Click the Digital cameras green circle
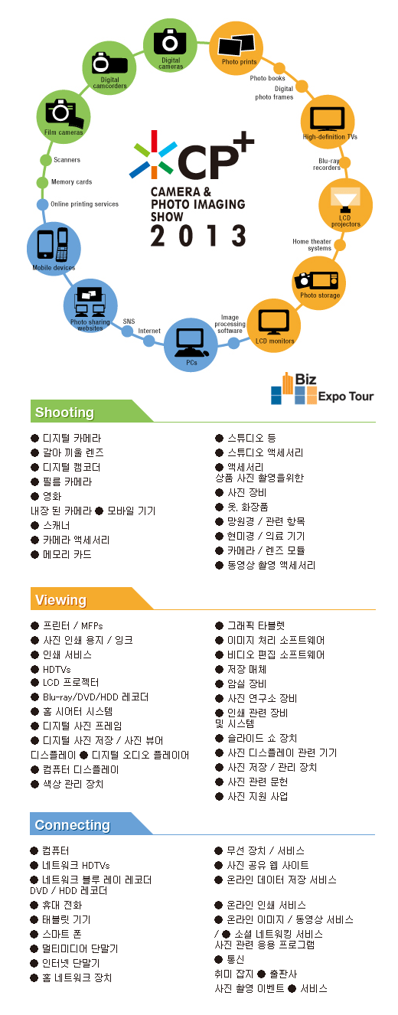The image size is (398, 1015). [x=170, y=45]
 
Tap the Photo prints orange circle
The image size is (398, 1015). [x=237, y=47]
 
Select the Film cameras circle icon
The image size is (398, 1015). [x=64, y=117]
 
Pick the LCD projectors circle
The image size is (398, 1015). [x=345, y=205]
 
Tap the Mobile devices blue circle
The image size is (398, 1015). [x=54, y=248]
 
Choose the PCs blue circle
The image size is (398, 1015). [x=191, y=344]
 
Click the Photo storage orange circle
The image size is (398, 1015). [x=318, y=283]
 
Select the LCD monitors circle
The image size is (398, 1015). [x=274, y=326]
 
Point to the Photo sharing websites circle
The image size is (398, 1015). [x=90, y=306]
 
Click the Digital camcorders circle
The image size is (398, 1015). [x=109, y=68]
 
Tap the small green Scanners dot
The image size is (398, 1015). [x=46, y=160]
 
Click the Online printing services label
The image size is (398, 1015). [x=85, y=204]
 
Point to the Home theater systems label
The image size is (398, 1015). [x=312, y=245]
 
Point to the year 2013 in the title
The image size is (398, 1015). [x=198, y=236]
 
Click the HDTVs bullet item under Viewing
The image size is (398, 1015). [x=51, y=669]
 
